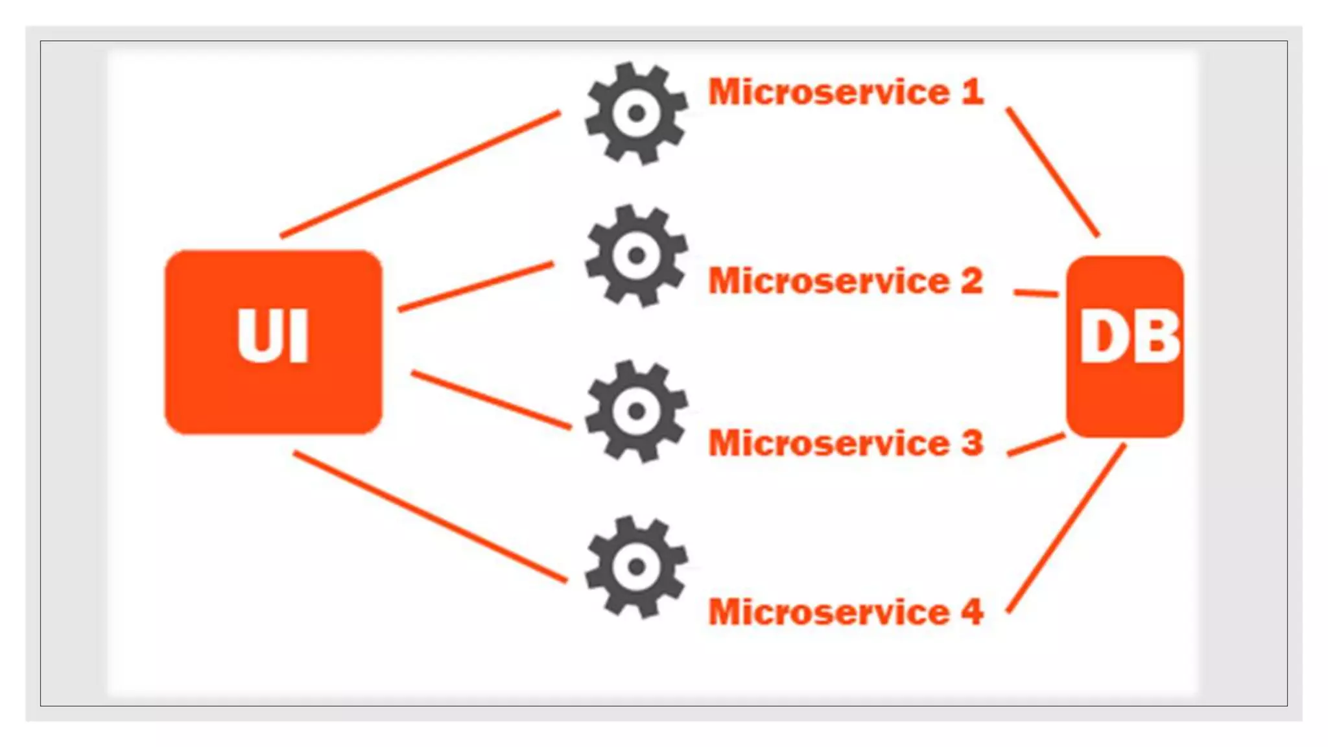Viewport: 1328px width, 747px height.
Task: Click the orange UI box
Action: [273, 342]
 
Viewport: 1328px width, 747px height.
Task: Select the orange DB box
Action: [1125, 346]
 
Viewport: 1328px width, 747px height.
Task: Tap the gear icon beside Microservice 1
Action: [636, 113]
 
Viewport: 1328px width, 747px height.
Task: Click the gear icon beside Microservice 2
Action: [636, 255]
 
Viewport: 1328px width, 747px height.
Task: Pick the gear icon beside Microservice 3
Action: [636, 411]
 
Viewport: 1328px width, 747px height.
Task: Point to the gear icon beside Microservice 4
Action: [636, 567]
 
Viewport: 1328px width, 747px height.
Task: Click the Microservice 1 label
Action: [846, 92]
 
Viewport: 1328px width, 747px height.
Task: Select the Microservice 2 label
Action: [846, 281]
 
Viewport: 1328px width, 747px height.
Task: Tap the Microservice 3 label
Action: [846, 444]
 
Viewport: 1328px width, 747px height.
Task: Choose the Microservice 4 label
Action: [846, 612]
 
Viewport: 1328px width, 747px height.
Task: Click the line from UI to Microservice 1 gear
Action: [420, 174]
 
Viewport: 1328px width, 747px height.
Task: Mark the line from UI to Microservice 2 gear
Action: [476, 287]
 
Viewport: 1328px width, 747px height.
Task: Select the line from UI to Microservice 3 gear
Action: [492, 400]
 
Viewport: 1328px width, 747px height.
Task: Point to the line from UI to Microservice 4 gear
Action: [430, 517]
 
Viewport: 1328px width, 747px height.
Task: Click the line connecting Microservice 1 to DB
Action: [1053, 172]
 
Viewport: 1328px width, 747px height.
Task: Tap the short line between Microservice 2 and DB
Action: [1036, 293]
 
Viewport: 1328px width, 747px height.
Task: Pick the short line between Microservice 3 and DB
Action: [1036, 445]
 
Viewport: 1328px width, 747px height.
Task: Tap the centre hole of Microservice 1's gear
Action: [636, 113]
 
